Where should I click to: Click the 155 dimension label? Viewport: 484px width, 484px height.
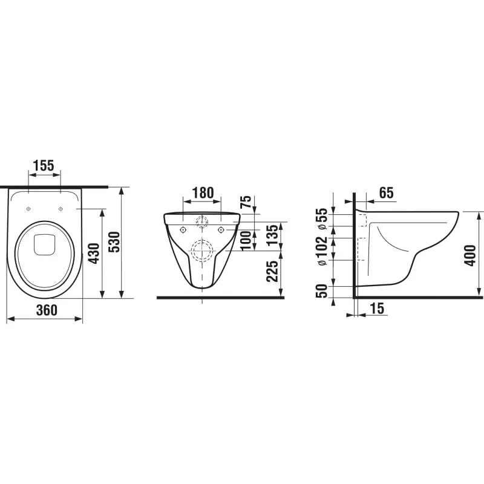click(x=44, y=165)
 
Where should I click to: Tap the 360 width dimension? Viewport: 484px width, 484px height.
click(x=47, y=310)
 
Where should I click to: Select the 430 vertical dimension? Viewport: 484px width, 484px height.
click(x=94, y=253)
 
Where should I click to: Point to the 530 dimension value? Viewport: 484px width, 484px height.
click(x=115, y=241)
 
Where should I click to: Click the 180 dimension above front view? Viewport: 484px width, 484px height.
click(x=203, y=193)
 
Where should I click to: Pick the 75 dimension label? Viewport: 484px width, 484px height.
click(x=246, y=202)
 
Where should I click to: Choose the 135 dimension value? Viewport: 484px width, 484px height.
click(x=272, y=235)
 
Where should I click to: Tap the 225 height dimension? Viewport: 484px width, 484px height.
click(x=272, y=271)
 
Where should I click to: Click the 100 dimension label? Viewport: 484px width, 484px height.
click(x=246, y=241)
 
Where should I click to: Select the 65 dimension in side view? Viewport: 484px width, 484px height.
click(x=387, y=193)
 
